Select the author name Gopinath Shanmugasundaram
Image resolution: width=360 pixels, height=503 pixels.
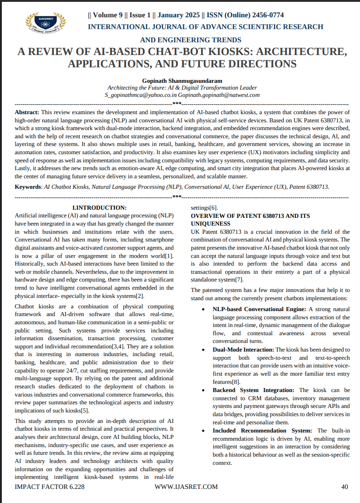182,80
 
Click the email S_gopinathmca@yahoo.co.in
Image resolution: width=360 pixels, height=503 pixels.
141,95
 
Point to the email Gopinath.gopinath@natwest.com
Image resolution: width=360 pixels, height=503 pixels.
219,95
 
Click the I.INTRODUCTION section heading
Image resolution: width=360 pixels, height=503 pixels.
100,207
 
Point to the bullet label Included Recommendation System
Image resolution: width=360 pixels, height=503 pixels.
263,430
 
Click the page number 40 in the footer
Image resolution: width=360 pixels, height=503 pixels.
345,487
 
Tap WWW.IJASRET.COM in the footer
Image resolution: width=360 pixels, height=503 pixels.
186,487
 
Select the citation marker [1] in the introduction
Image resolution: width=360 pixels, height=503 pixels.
169,256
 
